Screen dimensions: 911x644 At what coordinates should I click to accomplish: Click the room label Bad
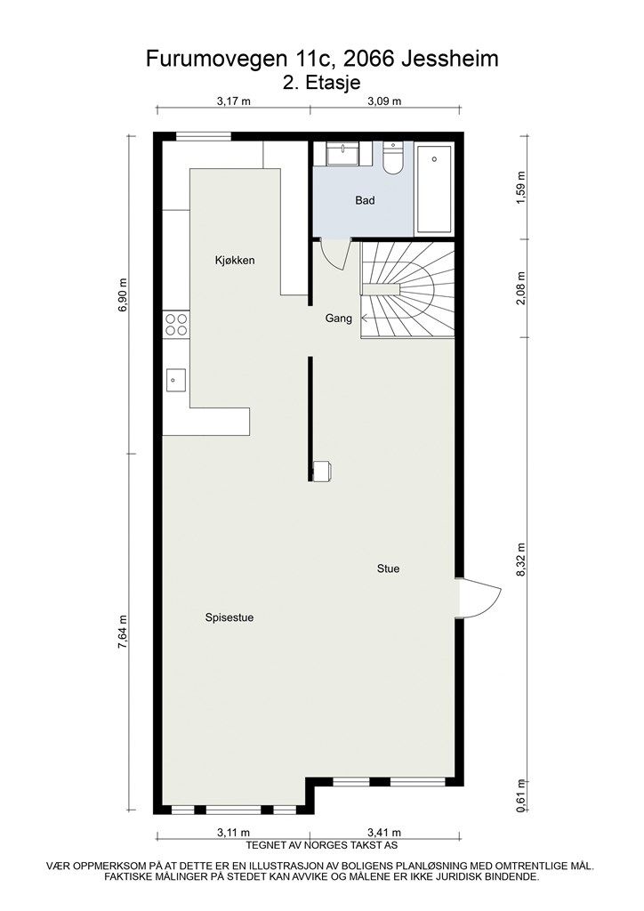pyautogui.click(x=365, y=200)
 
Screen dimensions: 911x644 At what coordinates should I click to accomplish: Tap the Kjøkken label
pyautogui.click(x=235, y=261)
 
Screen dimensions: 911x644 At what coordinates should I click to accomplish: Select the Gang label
pyautogui.click(x=339, y=318)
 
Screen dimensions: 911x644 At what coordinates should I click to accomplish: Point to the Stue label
pyautogui.click(x=388, y=568)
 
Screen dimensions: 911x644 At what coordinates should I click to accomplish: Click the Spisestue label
pyautogui.click(x=229, y=617)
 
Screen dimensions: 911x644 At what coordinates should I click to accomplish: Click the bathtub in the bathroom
pyautogui.click(x=434, y=189)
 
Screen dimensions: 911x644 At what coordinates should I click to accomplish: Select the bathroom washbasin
pyautogui.click(x=342, y=155)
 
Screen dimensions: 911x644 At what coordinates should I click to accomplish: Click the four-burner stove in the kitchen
pyautogui.click(x=175, y=324)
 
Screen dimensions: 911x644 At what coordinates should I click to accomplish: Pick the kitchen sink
pyautogui.click(x=175, y=381)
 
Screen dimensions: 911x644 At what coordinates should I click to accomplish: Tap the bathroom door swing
pyautogui.click(x=334, y=254)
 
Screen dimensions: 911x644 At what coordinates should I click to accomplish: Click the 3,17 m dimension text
pyautogui.click(x=233, y=101)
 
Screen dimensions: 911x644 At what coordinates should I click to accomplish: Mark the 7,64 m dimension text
pyautogui.click(x=123, y=633)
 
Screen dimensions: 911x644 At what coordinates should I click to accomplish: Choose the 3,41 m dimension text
pyautogui.click(x=384, y=832)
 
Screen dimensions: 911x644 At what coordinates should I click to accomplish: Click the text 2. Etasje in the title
pyautogui.click(x=321, y=82)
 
